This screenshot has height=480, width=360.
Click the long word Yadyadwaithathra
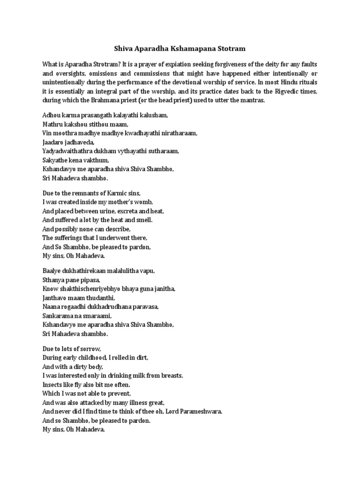pos(69,151)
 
